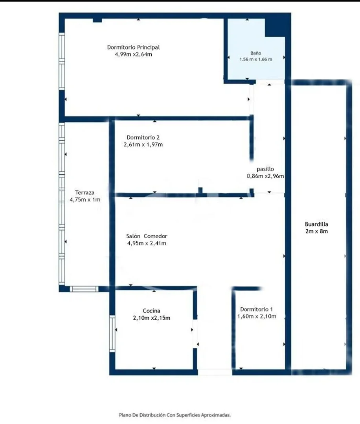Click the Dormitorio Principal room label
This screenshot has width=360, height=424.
tap(134, 47)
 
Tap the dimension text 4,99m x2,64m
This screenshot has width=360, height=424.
tap(134, 54)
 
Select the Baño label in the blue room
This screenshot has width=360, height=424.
tap(256, 53)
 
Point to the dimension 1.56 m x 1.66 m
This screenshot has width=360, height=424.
tap(256, 59)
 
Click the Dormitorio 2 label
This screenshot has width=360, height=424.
tap(143, 137)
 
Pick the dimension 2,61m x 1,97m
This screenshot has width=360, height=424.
tap(143, 144)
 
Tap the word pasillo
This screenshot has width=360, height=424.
tap(265, 169)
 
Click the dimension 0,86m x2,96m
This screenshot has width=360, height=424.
tap(265, 176)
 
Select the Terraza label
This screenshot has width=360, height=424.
tap(85, 192)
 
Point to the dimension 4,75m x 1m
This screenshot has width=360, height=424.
tap(85, 199)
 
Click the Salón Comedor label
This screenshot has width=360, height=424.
tap(147, 236)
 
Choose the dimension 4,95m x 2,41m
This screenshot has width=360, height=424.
tap(147, 243)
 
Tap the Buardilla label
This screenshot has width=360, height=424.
tap(316, 224)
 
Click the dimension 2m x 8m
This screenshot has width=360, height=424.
tap(316, 231)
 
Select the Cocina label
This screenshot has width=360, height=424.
tap(152, 311)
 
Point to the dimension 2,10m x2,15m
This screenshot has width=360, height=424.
tap(152, 318)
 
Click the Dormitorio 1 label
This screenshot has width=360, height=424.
tap(257, 309)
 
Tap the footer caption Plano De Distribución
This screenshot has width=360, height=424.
tap(142, 415)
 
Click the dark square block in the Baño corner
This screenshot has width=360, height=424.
tap(275, 27)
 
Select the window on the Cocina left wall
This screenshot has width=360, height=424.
tap(112, 333)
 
